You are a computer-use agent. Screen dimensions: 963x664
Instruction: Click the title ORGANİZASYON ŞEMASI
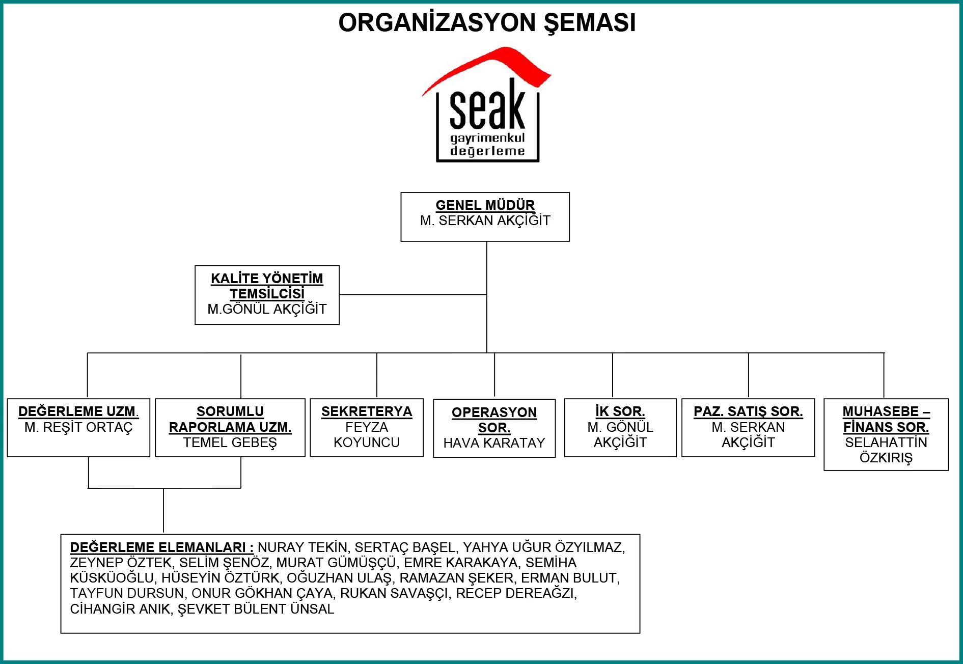point(487,23)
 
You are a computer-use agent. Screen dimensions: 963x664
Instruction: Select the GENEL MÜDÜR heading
point(485,205)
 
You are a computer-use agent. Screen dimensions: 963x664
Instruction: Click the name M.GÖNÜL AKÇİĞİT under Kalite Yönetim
point(267,309)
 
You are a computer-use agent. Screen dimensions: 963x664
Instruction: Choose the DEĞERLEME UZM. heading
point(78,411)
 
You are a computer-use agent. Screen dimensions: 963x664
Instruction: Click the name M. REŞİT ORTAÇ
point(78,427)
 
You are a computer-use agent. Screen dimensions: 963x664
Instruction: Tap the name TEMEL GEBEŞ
point(230,442)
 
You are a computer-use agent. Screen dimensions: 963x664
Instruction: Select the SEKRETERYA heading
point(367,411)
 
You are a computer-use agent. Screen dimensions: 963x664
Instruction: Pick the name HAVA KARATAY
point(494,443)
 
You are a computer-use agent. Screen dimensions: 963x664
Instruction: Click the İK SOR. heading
point(620,411)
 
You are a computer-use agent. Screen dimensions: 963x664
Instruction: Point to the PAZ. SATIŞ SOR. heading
point(748,411)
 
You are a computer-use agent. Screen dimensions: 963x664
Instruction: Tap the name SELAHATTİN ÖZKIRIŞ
point(886,450)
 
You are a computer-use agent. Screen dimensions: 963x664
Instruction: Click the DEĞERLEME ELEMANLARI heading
point(162,547)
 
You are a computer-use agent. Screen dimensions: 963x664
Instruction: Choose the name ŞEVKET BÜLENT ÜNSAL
point(256,609)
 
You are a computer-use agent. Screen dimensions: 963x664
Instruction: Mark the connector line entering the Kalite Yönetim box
point(413,294)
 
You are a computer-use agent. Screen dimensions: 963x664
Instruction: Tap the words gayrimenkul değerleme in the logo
point(487,144)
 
